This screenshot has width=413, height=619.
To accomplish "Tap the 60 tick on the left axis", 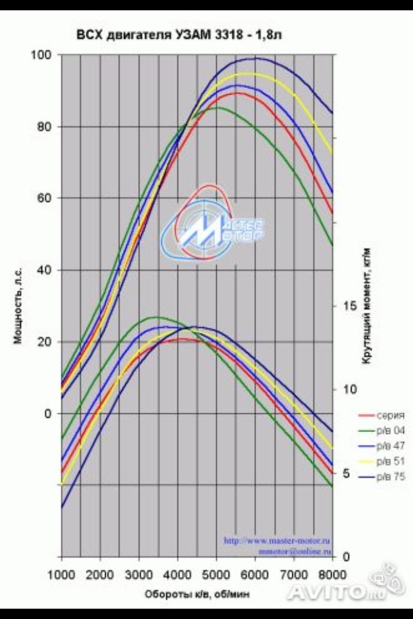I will click(x=45, y=198).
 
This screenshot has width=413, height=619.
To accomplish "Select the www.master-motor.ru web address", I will click(x=277, y=541).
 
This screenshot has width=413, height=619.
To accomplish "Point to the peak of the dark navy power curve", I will click(x=256, y=59).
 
